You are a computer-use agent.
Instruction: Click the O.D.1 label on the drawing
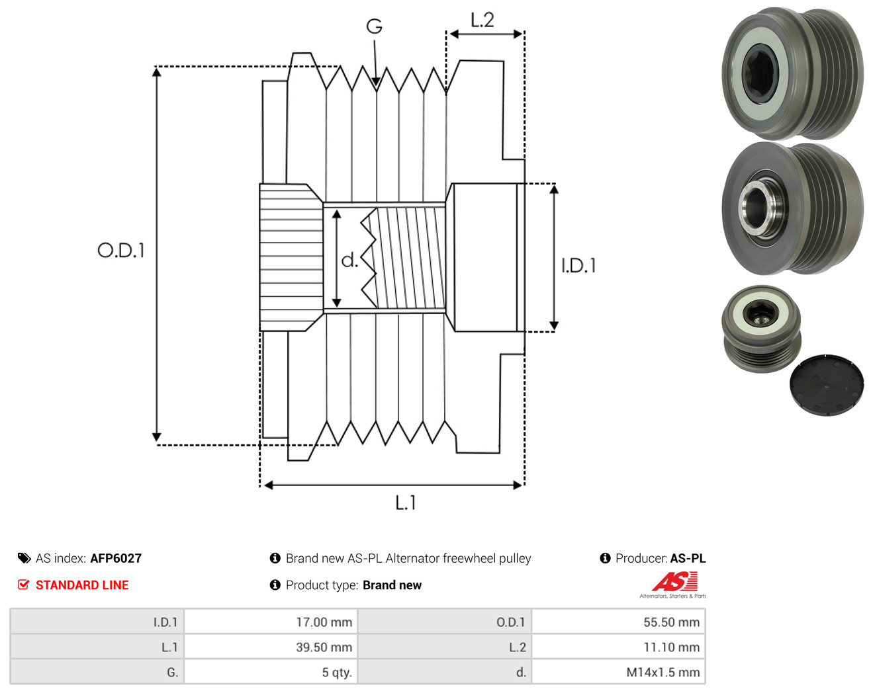[x=121, y=250]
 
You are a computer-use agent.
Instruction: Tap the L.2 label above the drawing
[x=482, y=20]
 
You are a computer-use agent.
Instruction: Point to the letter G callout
[x=374, y=26]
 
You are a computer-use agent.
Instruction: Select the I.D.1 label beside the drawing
[x=578, y=266]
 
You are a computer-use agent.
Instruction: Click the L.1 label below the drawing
[x=406, y=503]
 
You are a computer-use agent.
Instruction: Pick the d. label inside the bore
[x=349, y=260]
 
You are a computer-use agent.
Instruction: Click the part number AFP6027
[x=116, y=558]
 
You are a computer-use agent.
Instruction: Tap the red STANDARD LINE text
[x=82, y=585]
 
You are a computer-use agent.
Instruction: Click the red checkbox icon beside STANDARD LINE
[x=23, y=585]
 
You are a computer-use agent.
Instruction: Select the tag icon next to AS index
[x=24, y=558]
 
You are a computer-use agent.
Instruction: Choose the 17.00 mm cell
[x=271, y=622]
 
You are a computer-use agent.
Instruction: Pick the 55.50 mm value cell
[x=618, y=622]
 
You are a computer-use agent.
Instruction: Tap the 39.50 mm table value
[x=271, y=647]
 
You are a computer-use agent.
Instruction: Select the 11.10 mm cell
[x=618, y=647]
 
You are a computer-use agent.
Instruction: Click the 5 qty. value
[x=271, y=672]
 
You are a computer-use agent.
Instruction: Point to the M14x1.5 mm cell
[x=618, y=672]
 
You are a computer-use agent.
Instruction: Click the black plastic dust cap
[x=827, y=386]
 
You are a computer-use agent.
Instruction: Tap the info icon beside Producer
[x=605, y=558]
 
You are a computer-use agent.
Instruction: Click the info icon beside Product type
[x=275, y=585]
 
